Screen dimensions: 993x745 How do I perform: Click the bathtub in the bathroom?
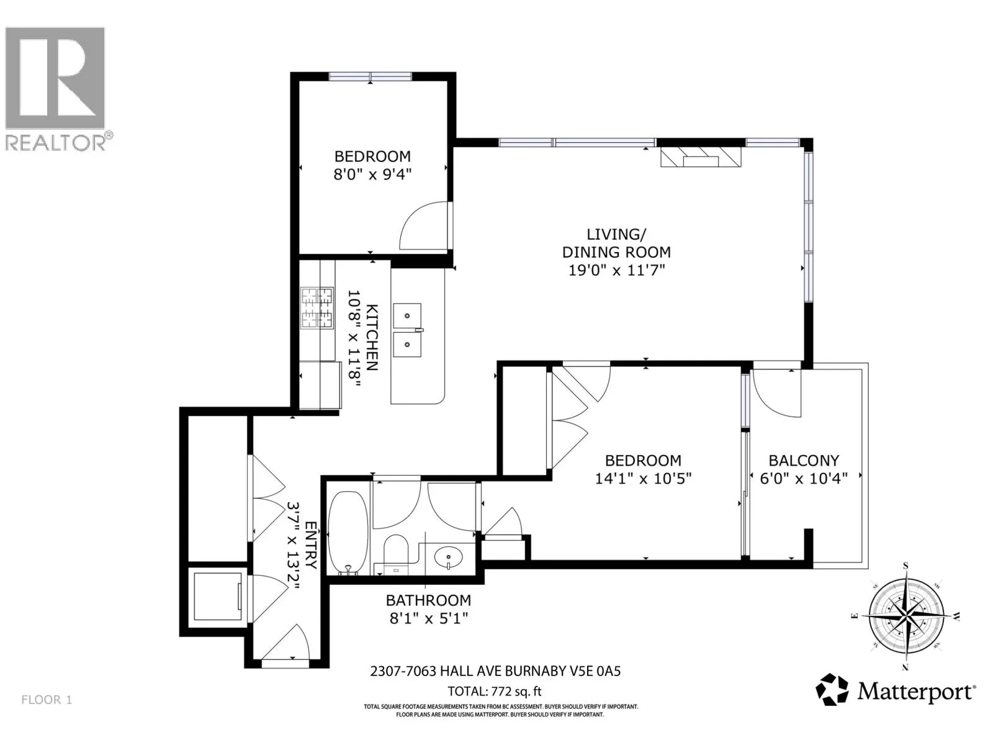[x=348, y=533]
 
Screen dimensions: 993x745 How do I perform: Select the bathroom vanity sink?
[x=448, y=558]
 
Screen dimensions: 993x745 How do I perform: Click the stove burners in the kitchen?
[x=317, y=307]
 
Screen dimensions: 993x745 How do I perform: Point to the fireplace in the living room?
[x=701, y=156]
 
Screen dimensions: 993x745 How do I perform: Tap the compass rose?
[x=905, y=616]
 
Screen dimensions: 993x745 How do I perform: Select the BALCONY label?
[x=804, y=461]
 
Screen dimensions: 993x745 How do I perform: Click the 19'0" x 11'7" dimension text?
[x=617, y=271]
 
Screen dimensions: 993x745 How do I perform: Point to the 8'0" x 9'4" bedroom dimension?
[x=372, y=174]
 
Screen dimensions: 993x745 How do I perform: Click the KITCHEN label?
[x=372, y=338]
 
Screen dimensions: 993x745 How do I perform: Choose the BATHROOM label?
[x=428, y=600]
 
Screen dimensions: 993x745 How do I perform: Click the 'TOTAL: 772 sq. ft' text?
[x=495, y=692]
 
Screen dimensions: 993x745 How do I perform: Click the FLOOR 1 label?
[x=47, y=700]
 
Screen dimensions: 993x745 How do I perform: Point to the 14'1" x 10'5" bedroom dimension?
[x=644, y=479]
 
